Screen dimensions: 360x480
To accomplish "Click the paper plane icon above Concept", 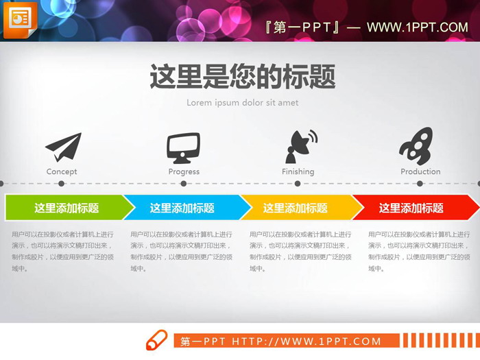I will click(x=63, y=147).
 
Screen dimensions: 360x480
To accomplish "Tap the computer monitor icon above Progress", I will click(x=183, y=147).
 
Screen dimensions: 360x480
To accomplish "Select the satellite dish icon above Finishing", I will click(x=300, y=146).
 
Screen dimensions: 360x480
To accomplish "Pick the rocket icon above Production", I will click(x=416, y=145).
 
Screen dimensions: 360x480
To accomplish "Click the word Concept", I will click(x=62, y=171).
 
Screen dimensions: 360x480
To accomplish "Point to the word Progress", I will click(x=184, y=171).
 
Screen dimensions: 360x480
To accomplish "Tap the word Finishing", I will click(x=298, y=171).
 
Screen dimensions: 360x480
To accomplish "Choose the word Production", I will click(x=420, y=171).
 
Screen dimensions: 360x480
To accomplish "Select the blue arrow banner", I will click(x=182, y=208).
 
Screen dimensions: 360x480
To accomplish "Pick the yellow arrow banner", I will click(x=296, y=208).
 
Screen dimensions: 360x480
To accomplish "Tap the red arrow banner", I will click(x=411, y=208).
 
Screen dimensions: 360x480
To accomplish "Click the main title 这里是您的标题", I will click(x=243, y=77).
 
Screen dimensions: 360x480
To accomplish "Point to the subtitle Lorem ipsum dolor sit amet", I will click(x=243, y=103).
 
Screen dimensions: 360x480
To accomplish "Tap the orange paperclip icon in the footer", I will click(x=156, y=339).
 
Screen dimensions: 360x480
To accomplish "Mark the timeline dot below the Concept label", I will click(x=62, y=184).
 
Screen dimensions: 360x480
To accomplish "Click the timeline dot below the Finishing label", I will click(x=298, y=184).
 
